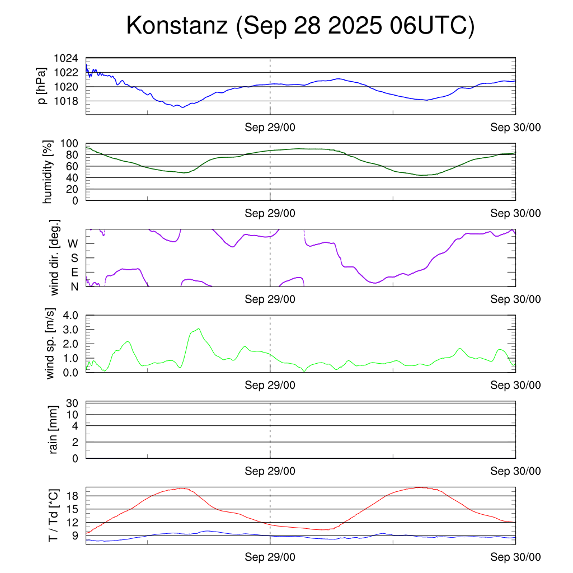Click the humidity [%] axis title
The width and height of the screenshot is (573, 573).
48,172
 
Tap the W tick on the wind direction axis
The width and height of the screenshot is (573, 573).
73,243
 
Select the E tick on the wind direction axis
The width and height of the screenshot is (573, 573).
74,273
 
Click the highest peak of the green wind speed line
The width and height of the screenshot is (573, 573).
199,328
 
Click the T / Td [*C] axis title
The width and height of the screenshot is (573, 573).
53,515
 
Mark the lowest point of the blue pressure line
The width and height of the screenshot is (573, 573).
182,107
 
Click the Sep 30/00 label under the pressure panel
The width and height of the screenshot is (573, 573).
515,127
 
